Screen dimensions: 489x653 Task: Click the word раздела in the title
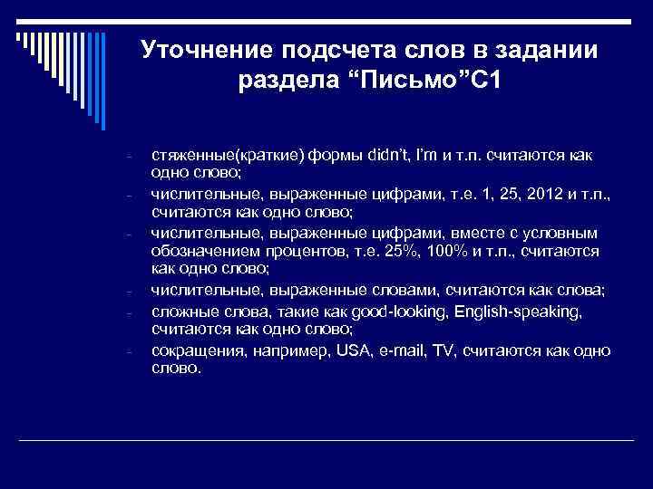click(x=283, y=82)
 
